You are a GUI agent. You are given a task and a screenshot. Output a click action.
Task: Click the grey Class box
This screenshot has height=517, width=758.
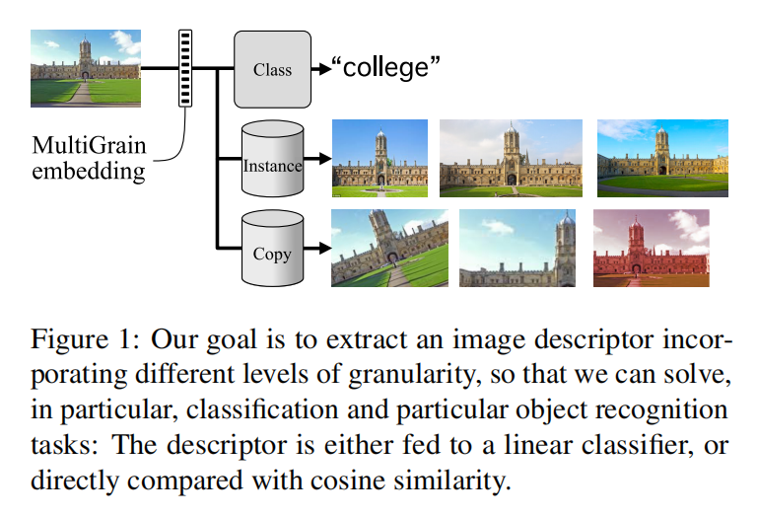(x=272, y=69)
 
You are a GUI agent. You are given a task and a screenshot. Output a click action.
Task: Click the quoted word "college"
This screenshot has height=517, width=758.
(x=385, y=69)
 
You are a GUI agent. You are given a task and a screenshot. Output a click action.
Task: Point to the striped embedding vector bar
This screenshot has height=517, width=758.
(x=184, y=68)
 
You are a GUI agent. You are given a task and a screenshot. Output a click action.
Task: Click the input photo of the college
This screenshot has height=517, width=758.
(x=86, y=68)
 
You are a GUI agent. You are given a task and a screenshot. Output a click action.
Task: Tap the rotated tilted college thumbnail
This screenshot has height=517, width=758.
(x=379, y=248)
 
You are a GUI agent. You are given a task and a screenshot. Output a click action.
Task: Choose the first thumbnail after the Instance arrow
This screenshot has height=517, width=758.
(x=379, y=158)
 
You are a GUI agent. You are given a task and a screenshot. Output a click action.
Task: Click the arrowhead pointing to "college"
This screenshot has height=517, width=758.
(x=321, y=69)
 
